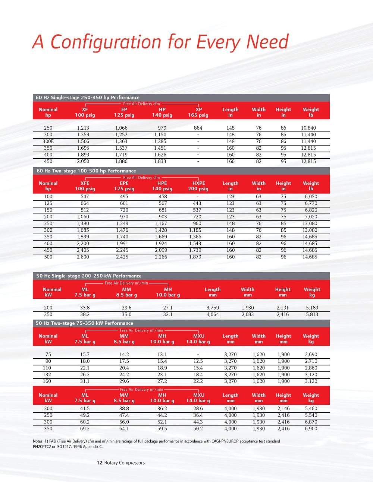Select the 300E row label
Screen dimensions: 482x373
coord(48,142)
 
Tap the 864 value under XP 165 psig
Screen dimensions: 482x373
coord(198,128)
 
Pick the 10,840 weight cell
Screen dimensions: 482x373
coord(308,128)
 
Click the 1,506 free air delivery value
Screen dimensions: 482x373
coord(83,142)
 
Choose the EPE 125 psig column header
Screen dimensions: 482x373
coord(124,186)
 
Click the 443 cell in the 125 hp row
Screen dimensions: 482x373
coord(197,203)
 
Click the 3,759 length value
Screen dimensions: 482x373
coord(213,308)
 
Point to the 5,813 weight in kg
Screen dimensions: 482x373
coord(312,315)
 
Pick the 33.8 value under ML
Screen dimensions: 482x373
coord(85,308)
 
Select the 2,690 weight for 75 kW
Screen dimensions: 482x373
coord(311,355)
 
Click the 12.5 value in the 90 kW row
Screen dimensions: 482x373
coord(198,361)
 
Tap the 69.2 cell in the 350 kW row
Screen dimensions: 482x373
coord(85,429)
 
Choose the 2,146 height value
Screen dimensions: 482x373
coord(283,409)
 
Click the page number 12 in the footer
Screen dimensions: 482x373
coord(100,463)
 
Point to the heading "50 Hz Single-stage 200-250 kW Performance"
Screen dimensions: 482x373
coord(89,276)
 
